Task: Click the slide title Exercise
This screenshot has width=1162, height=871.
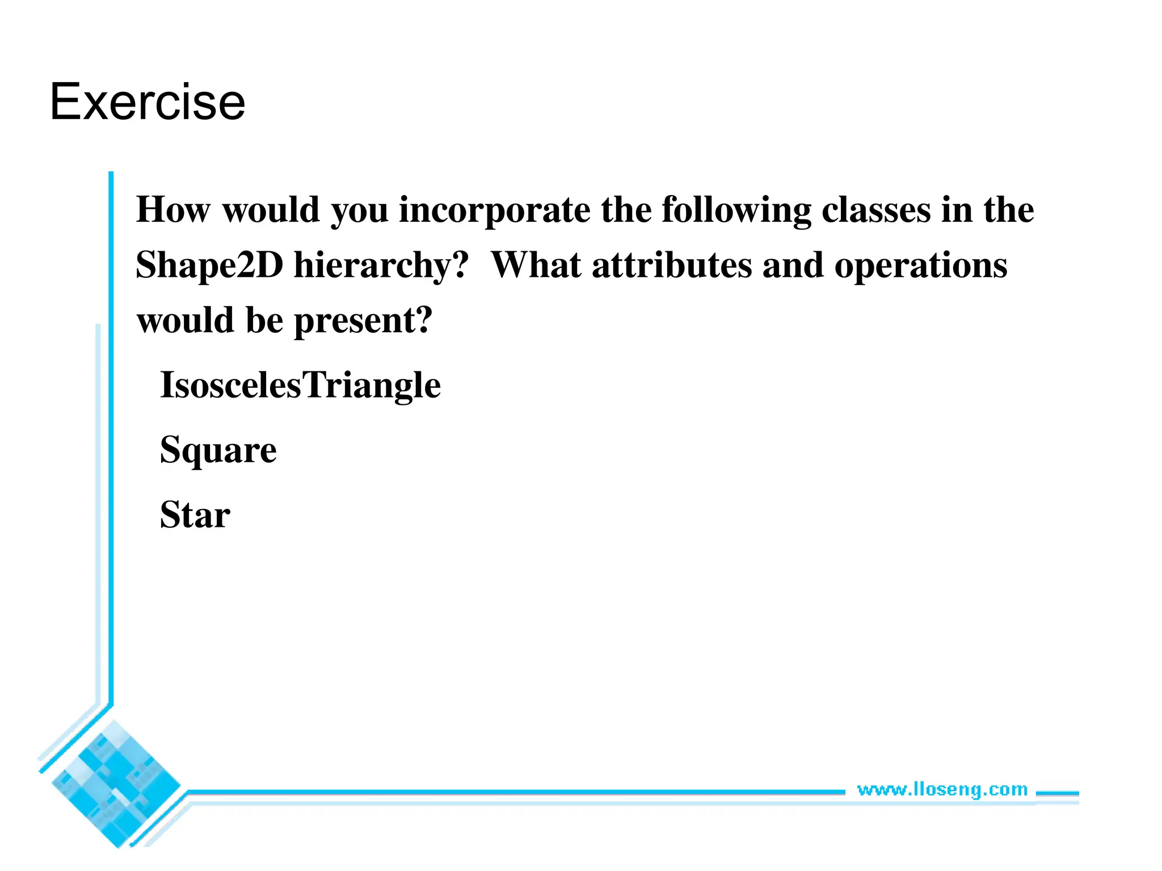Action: pyautogui.click(x=148, y=102)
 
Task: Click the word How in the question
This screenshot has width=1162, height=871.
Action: pyautogui.click(x=173, y=210)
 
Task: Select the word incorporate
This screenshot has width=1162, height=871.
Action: pyautogui.click(x=494, y=210)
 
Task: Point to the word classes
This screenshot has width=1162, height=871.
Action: pyautogui.click(x=876, y=210)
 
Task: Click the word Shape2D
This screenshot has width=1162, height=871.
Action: pyautogui.click(x=209, y=265)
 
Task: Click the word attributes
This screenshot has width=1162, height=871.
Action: pyautogui.click(x=671, y=265)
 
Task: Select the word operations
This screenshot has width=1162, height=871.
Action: pyautogui.click(x=920, y=265)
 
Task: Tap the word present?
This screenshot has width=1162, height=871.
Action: pyautogui.click(x=363, y=321)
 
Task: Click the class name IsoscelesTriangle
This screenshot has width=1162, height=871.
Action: pyautogui.click(x=300, y=385)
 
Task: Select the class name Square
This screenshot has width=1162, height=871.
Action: pyautogui.click(x=218, y=451)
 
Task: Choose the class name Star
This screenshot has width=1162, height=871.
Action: pyautogui.click(x=195, y=515)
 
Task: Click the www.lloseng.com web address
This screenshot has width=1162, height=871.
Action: pyautogui.click(x=942, y=789)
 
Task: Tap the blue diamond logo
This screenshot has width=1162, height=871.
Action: pyautogui.click(x=116, y=784)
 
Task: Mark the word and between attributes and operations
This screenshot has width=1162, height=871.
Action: pyautogui.click(x=792, y=265)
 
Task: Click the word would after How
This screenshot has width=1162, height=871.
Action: pyautogui.click(x=271, y=210)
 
